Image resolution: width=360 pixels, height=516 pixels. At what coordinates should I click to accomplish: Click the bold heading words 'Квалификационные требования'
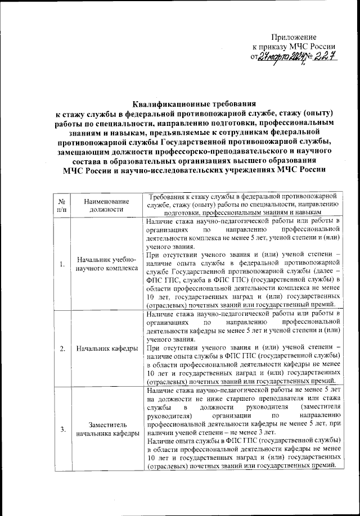click(x=194, y=104)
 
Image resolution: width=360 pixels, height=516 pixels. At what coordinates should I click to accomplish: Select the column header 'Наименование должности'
click(x=107, y=205)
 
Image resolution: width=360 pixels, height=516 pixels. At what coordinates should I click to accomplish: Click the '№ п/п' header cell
click(x=61, y=205)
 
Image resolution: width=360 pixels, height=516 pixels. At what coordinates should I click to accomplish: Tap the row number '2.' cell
click(x=61, y=348)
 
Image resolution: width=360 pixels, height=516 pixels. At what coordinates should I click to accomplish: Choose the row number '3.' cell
click(x=61, y=429)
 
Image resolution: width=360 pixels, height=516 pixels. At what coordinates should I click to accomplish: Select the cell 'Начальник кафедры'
click(x=107, y=348)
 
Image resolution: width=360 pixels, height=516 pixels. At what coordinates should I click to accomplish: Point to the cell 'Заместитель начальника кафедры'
click(x=107, y=429)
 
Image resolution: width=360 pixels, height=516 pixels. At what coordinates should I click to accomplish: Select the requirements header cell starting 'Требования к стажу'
click(x=243, y=205)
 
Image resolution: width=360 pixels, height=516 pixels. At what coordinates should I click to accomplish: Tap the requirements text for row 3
click(x=243, y=429)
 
